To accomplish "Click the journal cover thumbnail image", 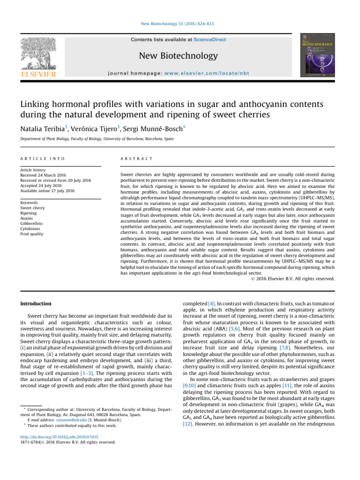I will pyautogui.click(x=321, y=55).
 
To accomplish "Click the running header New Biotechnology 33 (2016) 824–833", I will pyautogui.click(x=180, y=23).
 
